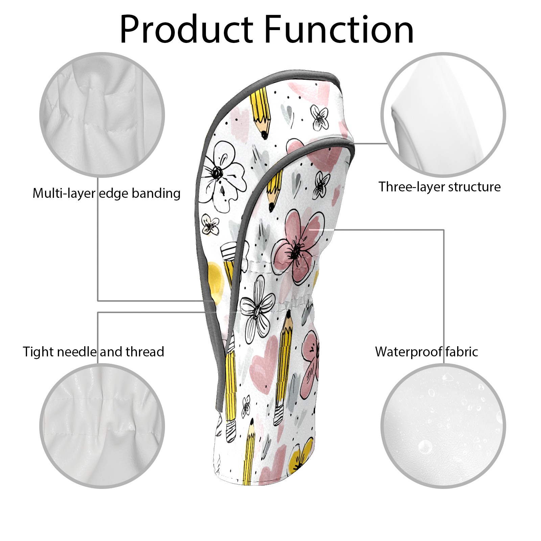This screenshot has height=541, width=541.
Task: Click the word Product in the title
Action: click(x=186, y=30)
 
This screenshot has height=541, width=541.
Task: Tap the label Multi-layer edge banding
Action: click(x=107, y=193)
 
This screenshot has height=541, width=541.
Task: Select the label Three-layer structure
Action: click(x=439, y=187)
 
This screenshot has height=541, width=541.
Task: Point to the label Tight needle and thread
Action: click(x=93, y=352)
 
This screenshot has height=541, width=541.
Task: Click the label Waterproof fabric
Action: click(x=426, y=352)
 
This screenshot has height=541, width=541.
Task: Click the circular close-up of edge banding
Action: click(x=102, y=115)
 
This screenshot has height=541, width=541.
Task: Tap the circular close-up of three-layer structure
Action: click(x=443, y=115)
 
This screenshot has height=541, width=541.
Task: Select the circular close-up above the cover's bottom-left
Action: click(x=102, y=426)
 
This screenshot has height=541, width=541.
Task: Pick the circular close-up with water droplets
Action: click(x=443, y=426)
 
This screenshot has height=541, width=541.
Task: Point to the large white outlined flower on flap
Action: click(x=221, y=176)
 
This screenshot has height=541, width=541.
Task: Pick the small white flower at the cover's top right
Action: click(x=320, y=117)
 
